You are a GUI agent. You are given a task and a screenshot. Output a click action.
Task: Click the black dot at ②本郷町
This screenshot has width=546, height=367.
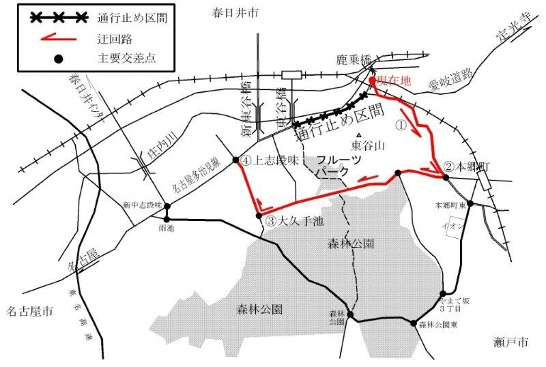[444, 177]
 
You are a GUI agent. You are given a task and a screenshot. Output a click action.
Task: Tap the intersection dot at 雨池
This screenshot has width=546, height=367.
[166, 218]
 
